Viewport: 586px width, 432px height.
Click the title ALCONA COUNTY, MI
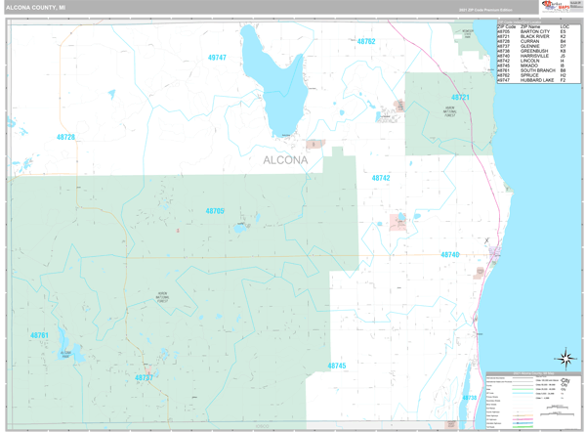(36, 7)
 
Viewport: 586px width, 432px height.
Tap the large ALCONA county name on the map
(285, 160)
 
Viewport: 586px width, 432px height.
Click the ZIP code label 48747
(217, 58)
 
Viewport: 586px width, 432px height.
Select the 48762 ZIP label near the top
(366, 42)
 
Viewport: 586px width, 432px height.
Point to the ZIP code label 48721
(460, 98)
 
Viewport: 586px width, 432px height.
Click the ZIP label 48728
(65, 138)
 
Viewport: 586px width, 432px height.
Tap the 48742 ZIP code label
(381, 178)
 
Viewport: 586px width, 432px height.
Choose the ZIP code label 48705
(215, 211)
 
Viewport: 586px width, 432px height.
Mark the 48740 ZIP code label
(449, 255)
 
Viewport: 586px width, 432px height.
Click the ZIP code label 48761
(40, 335)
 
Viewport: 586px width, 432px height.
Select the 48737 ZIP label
(144, 376)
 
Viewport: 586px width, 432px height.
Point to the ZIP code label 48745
(337, 366)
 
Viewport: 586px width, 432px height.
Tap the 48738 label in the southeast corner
(470, 398)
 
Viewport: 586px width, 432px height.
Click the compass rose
(565, 360)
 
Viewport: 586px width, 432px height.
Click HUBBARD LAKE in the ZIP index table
(536, 80)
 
